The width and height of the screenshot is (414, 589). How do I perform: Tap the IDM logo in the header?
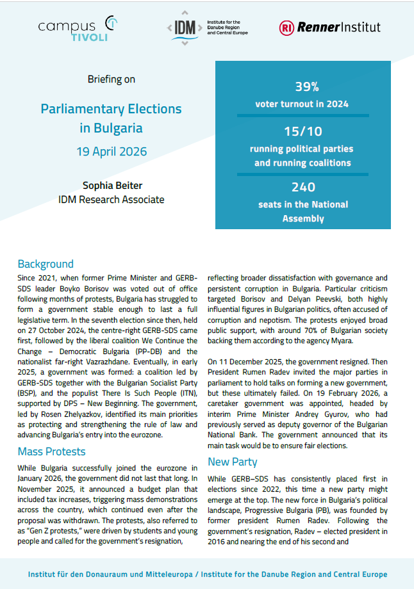[x=206, y=28]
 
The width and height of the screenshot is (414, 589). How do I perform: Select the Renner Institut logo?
[x=329, y=27]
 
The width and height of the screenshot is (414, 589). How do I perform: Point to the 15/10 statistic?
[x=303, y=132]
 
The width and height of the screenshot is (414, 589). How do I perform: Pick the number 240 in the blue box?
[x=303, y=187]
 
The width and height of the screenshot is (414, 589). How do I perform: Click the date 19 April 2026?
[x=112, y=152]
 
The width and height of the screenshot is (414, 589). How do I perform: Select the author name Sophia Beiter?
[x=112, y=186]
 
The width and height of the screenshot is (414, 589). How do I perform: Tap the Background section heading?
[x=46, y=264]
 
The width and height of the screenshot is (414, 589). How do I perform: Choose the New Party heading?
[x=233, y=462]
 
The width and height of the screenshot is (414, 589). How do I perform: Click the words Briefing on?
[x=112, y=79]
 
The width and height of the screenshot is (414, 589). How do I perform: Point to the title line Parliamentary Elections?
[x=112, y=109]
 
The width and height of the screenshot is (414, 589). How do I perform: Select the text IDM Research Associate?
[x=112, y=200]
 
